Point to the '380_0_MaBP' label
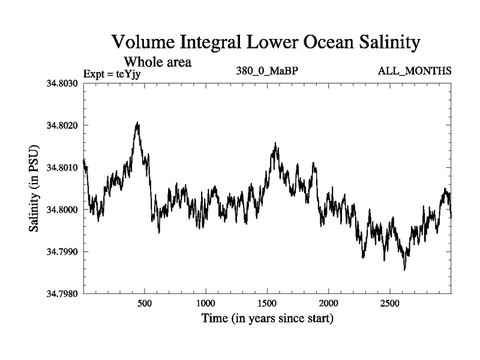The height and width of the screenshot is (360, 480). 268,71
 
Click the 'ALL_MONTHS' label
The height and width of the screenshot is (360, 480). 415,71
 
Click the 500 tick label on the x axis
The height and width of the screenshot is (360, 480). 144,304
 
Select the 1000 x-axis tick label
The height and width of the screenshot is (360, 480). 206,304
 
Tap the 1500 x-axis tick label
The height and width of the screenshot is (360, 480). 268,304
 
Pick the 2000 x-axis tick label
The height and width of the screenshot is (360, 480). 329,304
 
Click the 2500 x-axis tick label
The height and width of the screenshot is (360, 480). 390,304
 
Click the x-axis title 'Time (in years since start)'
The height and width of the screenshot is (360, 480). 267,319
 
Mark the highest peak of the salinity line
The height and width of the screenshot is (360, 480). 137,122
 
